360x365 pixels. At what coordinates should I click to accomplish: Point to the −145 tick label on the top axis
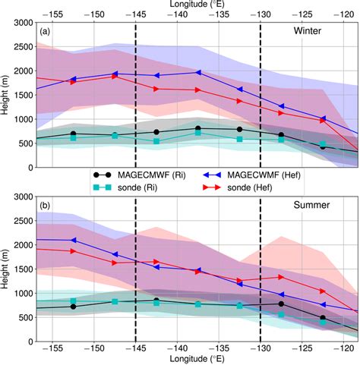pyautogui.click(x=136, y=14)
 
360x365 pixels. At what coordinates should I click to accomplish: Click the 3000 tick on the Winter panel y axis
pyautogui.click(x=23, y=23)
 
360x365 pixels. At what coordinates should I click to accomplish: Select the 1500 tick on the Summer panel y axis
pyautogui.click(x=23, y=269)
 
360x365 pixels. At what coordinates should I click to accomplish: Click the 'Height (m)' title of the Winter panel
pyautogui.click(x=6, y=95)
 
